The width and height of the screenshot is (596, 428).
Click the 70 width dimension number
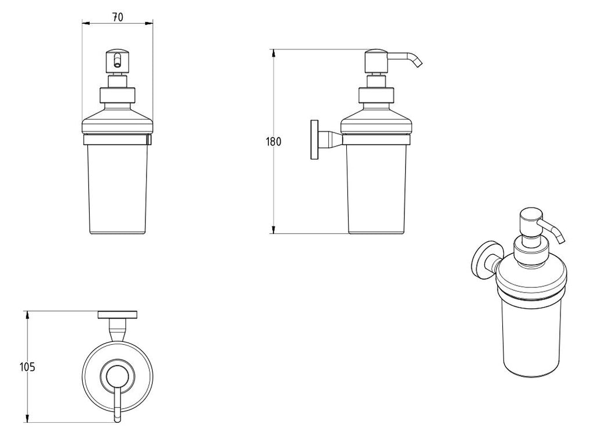pos(118,17)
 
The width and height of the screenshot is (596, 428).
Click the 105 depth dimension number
pos(27,366)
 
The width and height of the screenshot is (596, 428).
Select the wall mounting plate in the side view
pos(315,140)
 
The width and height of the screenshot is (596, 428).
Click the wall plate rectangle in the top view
pos(118,315)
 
